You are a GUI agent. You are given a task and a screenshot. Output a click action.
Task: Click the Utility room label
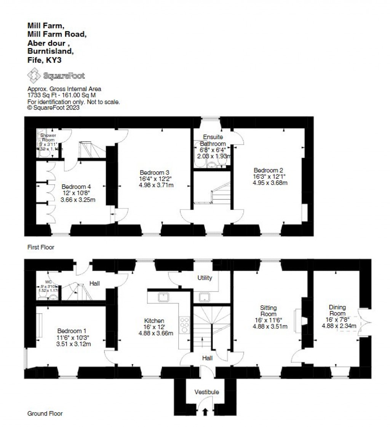205,278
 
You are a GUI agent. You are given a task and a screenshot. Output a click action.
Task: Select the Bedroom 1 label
74,331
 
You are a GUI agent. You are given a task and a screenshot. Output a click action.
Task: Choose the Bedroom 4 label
78,186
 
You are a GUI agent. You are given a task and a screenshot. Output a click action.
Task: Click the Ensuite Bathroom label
213,140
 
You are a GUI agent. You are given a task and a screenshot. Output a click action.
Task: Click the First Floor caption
41,247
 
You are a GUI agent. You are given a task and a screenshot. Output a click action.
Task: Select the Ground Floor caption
45,413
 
